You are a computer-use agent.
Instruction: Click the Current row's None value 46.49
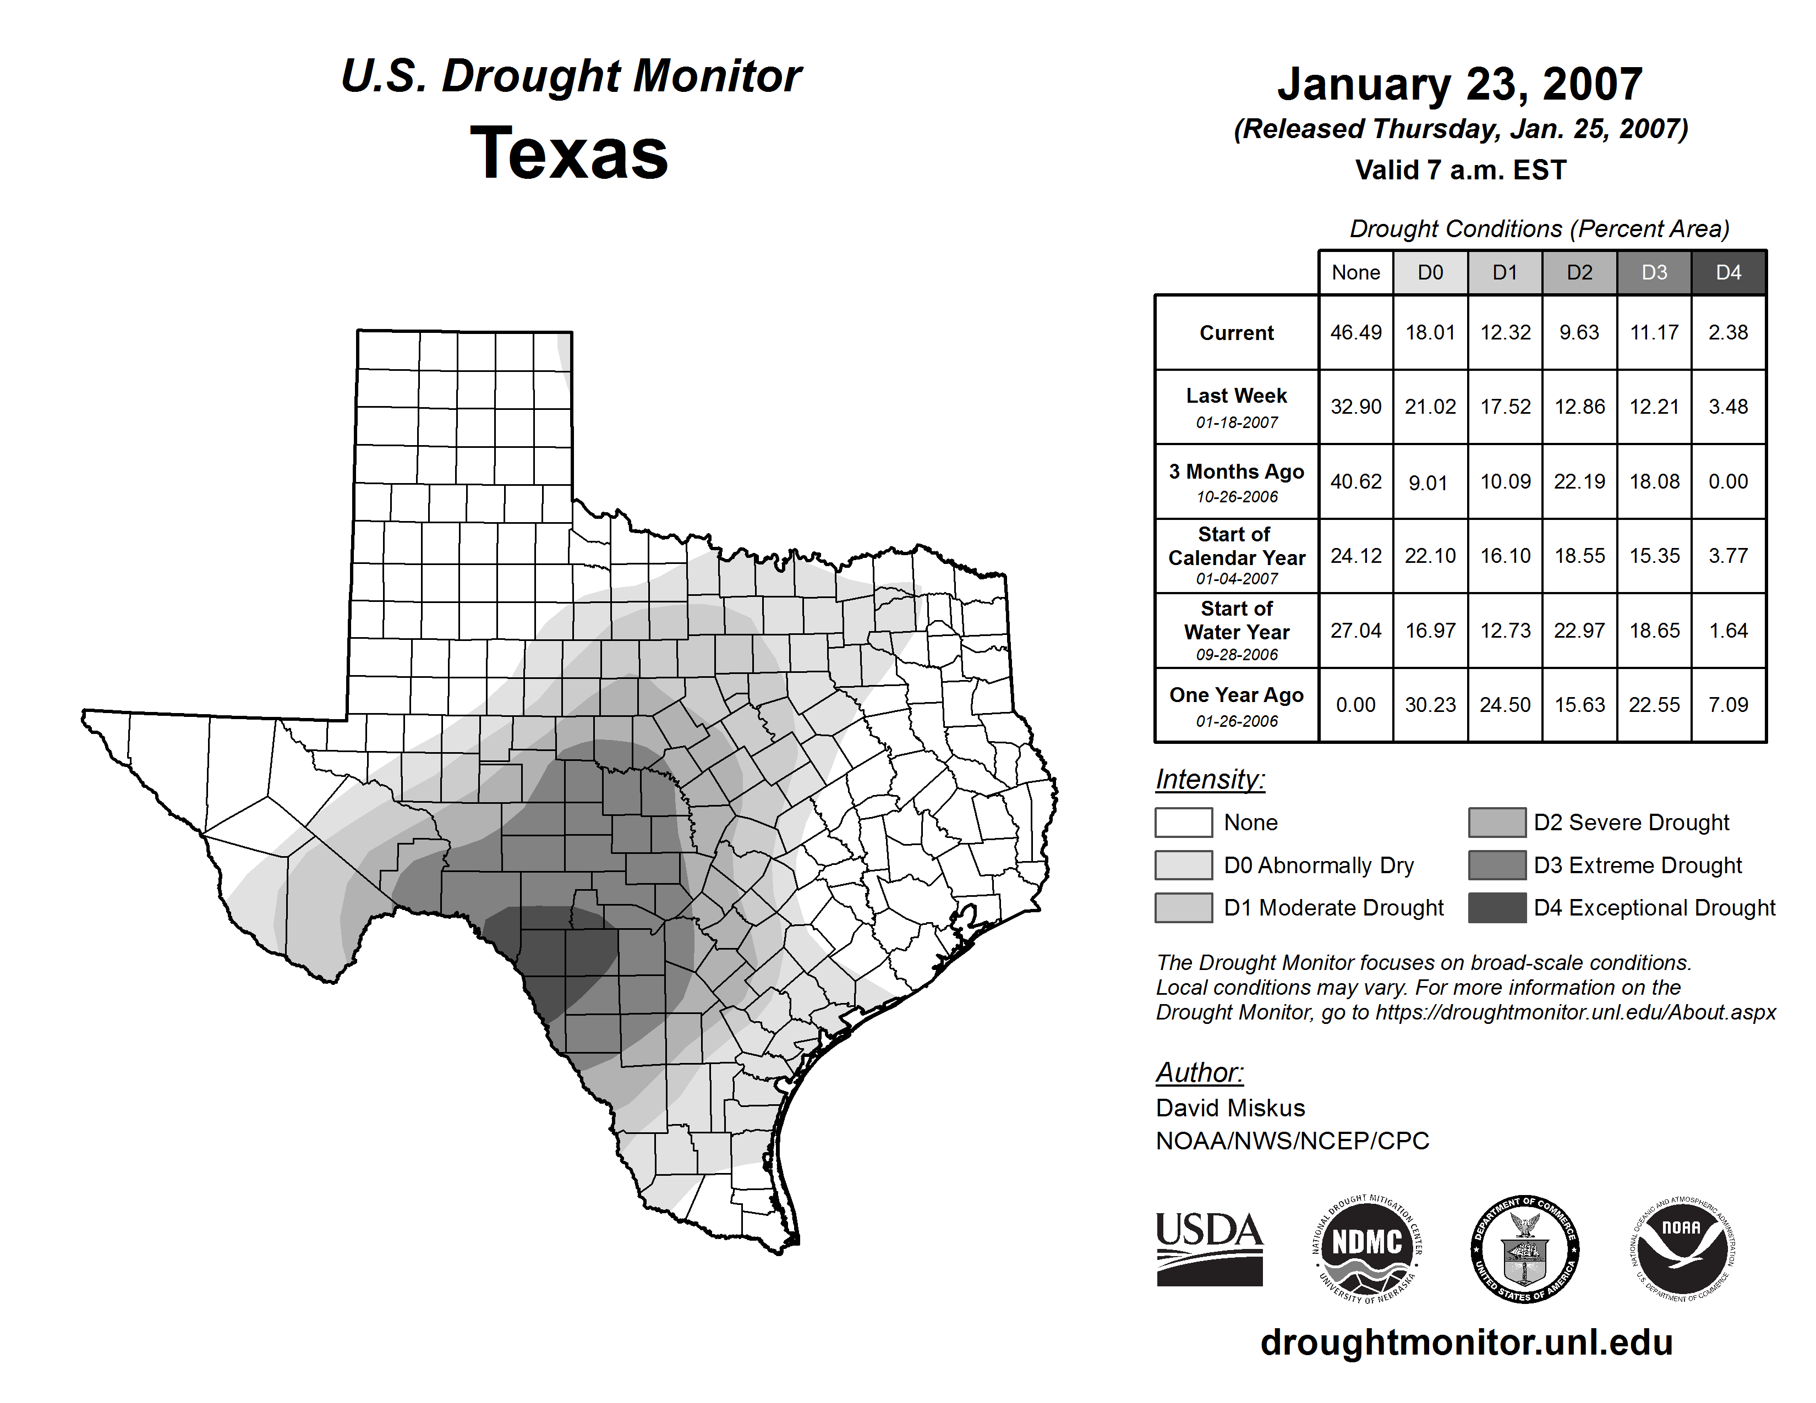(1355, 332)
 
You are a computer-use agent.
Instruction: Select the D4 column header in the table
(1728, 272)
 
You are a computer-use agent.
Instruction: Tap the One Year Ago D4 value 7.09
(1728, 705)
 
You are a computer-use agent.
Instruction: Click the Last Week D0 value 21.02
(1430, 407)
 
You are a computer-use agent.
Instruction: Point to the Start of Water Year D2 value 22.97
(1579, 631)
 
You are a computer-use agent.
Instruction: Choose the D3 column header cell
(1654, 272)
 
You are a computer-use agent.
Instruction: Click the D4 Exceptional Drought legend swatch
(1497, 908)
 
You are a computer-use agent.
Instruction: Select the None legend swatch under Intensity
(1183, 822)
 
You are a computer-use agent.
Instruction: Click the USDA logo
(1209, 1248)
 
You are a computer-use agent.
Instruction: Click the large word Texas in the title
(569, 153)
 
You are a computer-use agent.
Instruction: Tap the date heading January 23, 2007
(1459, 84)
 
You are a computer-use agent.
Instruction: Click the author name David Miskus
(1230, 1108)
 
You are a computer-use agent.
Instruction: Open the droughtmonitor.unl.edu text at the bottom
(1466, 1342)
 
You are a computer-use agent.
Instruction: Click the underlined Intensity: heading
(1210, 780)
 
